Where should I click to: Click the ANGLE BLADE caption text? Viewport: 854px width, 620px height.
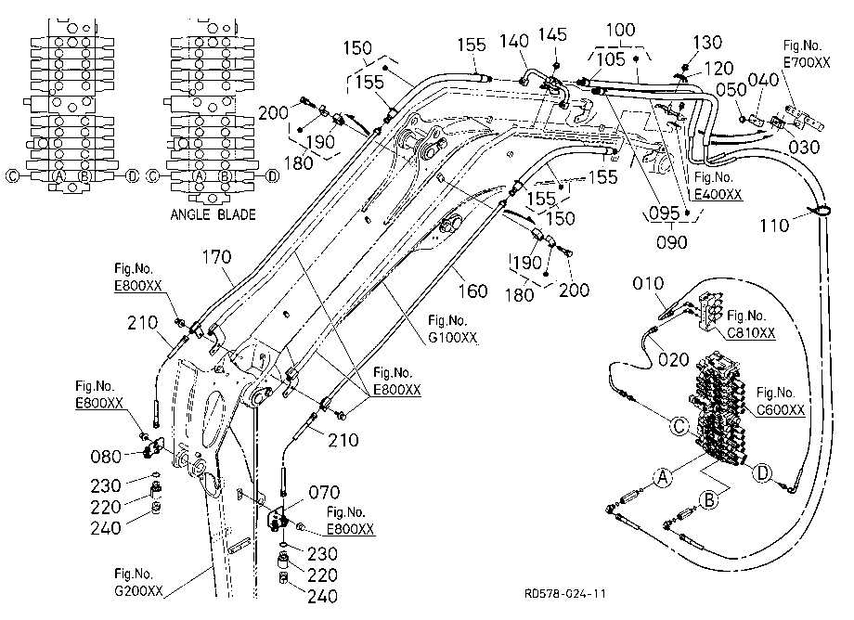213,214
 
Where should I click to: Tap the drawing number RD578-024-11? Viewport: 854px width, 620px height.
564,593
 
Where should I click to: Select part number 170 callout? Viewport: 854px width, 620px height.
217,257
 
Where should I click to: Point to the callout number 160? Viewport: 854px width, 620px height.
472,291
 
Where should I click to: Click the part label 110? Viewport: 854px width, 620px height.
774,226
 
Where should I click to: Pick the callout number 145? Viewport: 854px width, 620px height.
552,35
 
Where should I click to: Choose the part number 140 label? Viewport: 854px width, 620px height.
514,42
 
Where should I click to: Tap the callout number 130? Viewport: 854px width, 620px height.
707,43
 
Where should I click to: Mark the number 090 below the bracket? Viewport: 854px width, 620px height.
671,242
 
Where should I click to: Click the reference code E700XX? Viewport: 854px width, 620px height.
807,62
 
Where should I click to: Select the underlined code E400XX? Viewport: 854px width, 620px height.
718,194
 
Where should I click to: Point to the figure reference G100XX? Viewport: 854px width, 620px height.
453,338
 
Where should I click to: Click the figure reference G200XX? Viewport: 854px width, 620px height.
138,590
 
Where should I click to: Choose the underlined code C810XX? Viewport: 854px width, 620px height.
752,333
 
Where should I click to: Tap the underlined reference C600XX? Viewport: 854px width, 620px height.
781,410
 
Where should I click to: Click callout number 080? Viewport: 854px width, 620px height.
106,457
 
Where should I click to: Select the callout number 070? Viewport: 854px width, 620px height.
324,493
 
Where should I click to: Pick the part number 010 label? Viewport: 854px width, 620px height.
648,284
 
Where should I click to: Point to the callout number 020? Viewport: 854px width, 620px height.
674,360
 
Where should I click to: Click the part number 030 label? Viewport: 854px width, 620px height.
805,147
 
